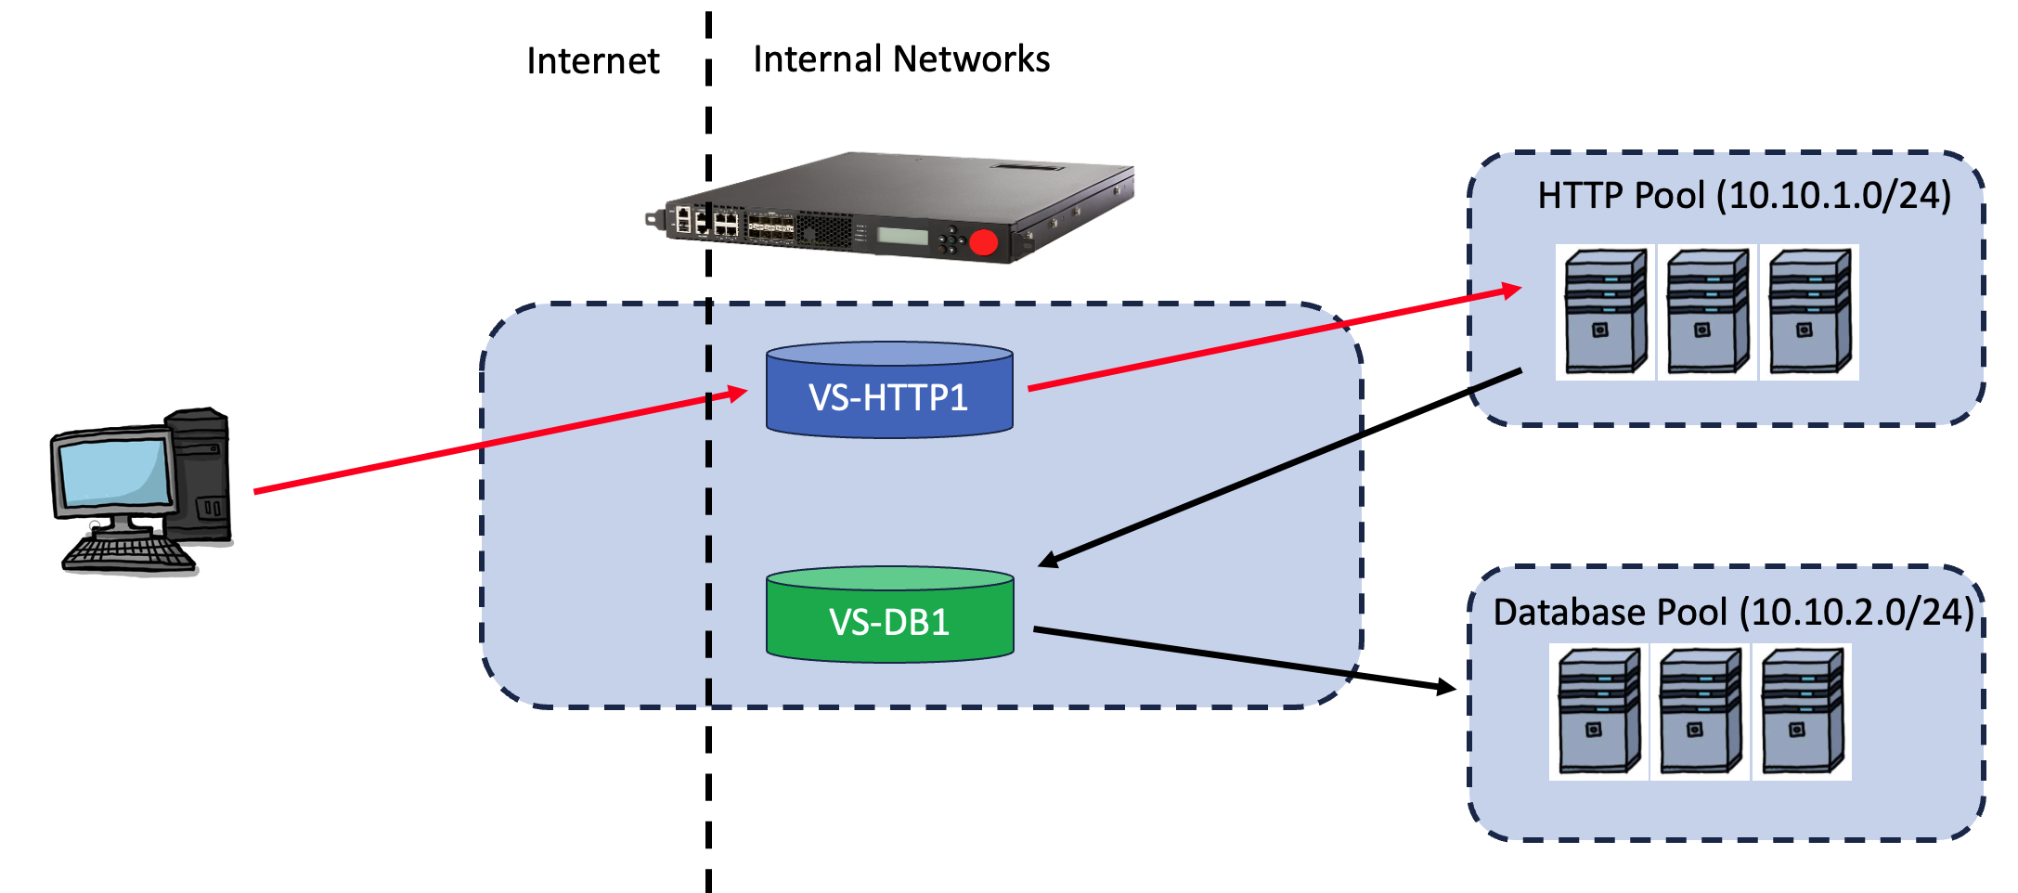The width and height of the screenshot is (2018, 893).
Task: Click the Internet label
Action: coord(592,61)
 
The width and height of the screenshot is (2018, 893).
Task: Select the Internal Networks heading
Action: coord(900,59)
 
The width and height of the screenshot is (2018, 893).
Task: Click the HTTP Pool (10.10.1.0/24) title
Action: coord(1743,196)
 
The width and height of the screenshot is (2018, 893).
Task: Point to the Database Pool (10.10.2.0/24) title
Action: coord(1732,613)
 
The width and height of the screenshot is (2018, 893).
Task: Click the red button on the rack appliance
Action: coord(983,243)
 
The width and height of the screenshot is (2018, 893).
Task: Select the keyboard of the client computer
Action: coord(128,553)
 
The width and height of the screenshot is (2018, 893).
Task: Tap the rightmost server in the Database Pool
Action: coord(1802,712)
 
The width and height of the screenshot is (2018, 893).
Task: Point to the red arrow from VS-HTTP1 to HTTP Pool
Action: coord(1272,340)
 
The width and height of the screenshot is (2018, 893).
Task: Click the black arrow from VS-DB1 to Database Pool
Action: coord(1244,658)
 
